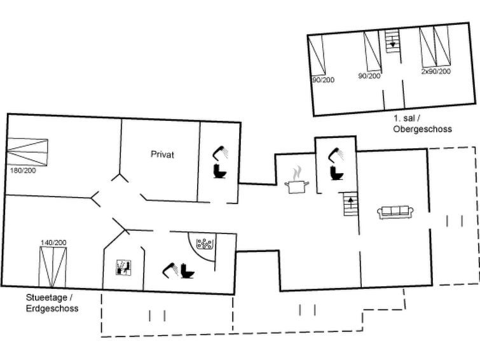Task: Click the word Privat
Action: click(162, 154)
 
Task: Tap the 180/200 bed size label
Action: click(23, 170)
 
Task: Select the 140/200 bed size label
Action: click(53, 243)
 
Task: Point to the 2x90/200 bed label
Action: click(436, 71)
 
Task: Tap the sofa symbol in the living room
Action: click(395, 212)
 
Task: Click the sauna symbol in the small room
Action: click(124, 268)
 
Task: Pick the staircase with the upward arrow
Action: click(351, 204)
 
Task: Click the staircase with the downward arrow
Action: click(393, 41)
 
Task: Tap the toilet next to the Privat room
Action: click(220, 171)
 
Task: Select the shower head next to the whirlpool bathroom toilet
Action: click(170, 270)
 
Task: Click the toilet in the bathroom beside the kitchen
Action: click(336, 173)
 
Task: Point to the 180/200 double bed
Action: click(27, 152)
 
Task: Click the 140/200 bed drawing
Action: click(53, 267)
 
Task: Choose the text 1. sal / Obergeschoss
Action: click(422, 124)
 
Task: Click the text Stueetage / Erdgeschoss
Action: click(52, 303)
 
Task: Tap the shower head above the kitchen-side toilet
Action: click(336, 155)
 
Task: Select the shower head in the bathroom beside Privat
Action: click(221, 153)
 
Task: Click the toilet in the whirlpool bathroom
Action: click(188, 271)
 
